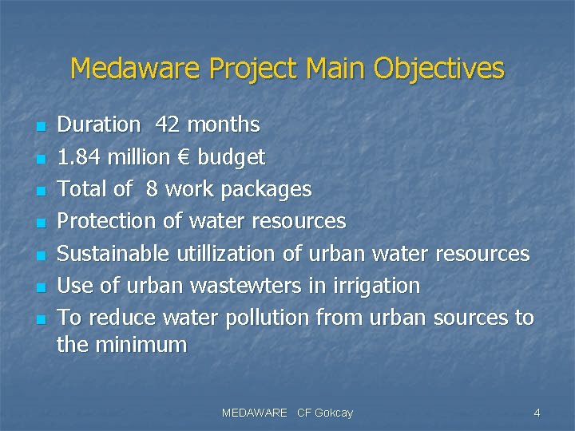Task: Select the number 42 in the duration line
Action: (x=168, y=125)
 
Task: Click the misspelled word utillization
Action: (x=226, y=253)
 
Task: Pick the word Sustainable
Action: (x=113, y=253)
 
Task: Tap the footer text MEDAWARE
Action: (x=254, y=413)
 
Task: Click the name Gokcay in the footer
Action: (x=335, y=413)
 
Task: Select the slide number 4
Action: (x=537, y=413)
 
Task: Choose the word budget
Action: (x=231, y=157)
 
